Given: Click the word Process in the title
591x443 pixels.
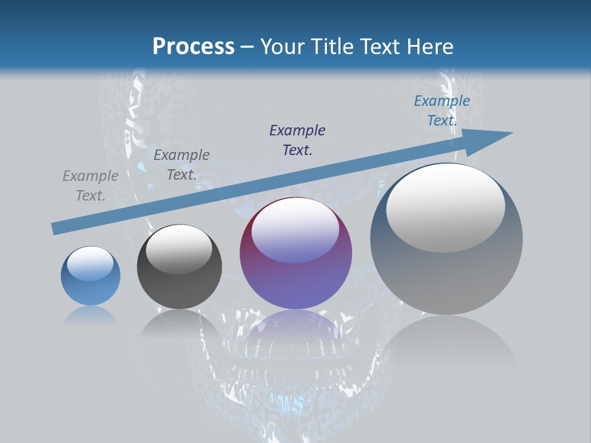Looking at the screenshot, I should (193, 46).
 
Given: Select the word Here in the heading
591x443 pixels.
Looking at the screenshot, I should (430, 46).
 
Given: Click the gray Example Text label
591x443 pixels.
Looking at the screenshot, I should (90, 186).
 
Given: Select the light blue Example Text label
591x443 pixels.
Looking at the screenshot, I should (442, 111).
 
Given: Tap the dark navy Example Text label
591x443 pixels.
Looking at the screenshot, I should (297, 140).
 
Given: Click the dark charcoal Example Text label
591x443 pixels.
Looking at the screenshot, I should (182, 165).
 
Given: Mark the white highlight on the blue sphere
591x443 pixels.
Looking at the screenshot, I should (90, 263).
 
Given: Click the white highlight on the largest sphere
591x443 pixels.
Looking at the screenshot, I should (446, 207).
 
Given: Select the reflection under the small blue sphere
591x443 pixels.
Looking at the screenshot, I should (90, 315).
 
